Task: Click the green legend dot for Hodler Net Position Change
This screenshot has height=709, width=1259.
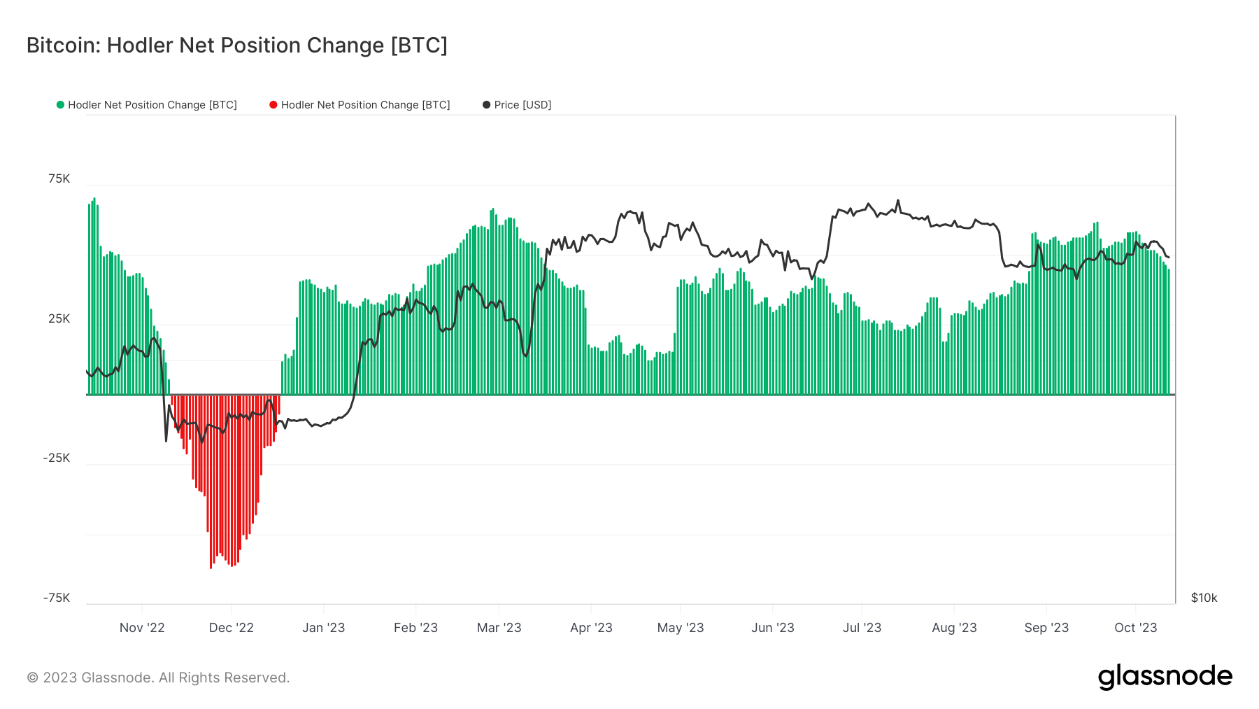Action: (x=61, y=105)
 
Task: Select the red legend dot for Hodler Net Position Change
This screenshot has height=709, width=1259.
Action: (x=273, y=105)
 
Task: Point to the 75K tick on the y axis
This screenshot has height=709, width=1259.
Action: (x=59, y=179)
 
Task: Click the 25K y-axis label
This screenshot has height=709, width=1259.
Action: (x=59, y=319)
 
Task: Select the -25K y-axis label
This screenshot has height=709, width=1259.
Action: (x=57, y=458)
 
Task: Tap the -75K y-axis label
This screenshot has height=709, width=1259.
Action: (x=57, y=598)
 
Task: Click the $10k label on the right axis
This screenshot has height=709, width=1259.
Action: (x=1204, y=598)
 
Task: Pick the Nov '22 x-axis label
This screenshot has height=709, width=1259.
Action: (x=142, y=628)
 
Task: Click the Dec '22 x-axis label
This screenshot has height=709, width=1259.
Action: (x=232, y=628)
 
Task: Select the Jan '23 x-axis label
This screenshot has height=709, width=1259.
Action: (x=323, y=628)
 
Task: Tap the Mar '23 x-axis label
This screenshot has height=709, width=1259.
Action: (x=499, y=628)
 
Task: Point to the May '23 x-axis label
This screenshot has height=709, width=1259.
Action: (x=681, y=628)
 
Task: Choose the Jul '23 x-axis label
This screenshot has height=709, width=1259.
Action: (x=862, y=628)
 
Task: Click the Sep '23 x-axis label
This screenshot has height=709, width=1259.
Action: (x=1046, y=628)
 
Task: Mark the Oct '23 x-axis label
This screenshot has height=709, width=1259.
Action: (x=1136, y=628)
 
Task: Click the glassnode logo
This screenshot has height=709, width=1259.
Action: (x=1165, y=677)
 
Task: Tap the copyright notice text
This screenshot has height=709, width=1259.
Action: (x=158, y=678)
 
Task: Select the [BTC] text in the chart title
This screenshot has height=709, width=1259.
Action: (x=419, y=45)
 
